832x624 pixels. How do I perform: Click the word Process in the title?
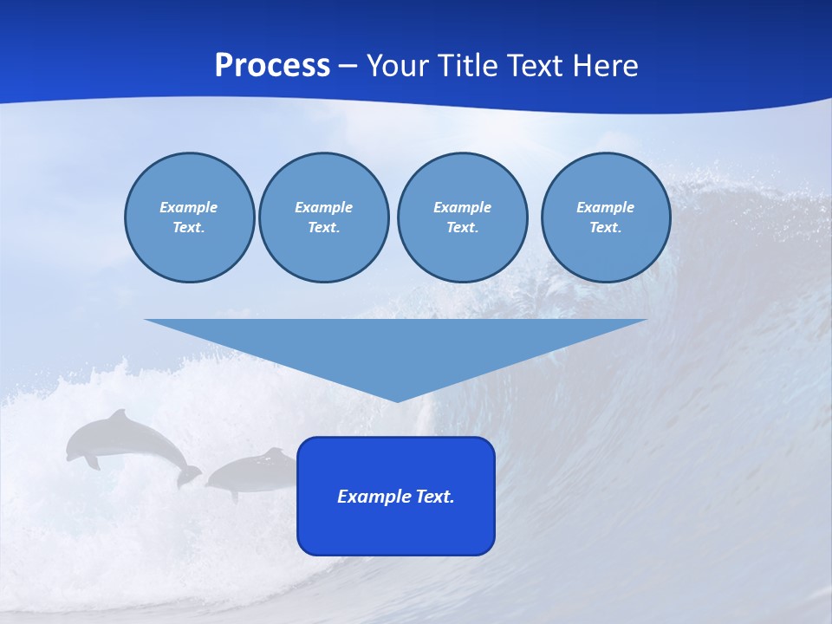(x=272, y=66)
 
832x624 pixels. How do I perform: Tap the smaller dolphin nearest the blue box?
(x=251, y=472)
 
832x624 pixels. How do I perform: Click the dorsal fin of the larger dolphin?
(x=118, y=415)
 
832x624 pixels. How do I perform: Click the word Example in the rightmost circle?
(x=605, y=207)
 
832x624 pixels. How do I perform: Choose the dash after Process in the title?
(x=348, y=66)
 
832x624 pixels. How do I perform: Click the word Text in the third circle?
(x=461, y=227)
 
